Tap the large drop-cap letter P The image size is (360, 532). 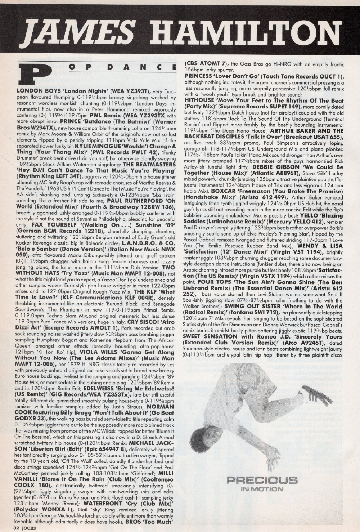click(x=33, y=73)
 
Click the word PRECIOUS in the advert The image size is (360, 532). click(x=262, y=480)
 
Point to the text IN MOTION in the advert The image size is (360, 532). click(x=262, y=489)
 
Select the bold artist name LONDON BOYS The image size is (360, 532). click(x=33, y=91)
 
